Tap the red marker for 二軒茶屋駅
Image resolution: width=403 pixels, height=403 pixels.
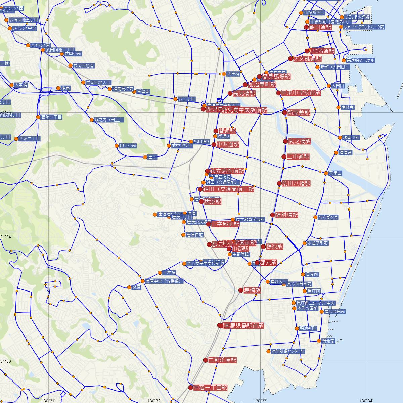(206, 360)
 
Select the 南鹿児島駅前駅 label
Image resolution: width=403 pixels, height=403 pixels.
(243, 326)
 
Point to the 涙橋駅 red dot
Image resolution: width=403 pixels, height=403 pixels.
(241, 290)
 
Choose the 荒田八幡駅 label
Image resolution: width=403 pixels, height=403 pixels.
(296, 183)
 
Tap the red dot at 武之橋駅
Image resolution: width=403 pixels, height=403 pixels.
(285, 141)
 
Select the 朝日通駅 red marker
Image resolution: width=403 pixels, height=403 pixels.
(306, 27)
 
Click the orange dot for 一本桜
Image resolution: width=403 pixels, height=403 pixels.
(160, 273)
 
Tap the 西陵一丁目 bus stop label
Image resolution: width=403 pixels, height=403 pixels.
(51, 117)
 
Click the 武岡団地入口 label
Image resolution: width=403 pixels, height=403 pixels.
(98, 82)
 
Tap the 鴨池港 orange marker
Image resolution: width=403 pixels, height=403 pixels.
(319, 341)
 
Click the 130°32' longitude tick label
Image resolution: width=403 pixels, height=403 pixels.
(154, 400)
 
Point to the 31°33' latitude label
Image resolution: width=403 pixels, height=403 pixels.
(6, 361)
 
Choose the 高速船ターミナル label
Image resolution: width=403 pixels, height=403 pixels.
(360, 60)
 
